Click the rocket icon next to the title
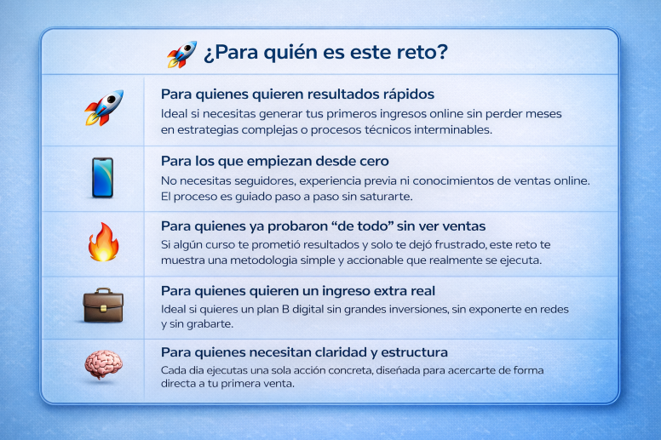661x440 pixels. coord(181,54)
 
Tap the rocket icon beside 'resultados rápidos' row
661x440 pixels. coord(103,109)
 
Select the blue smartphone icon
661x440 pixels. coord(102,177)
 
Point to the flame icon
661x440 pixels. coord(103,243)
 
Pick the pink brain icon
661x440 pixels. coord(102,365)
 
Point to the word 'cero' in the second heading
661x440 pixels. coord(371,160)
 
